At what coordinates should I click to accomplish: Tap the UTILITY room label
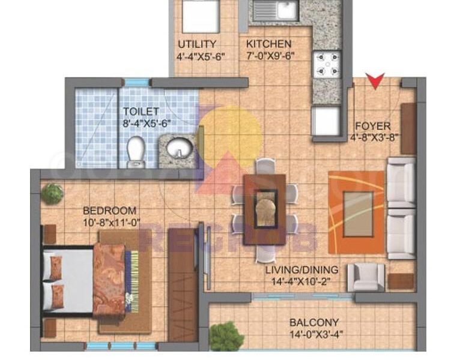click(x=197, y=44)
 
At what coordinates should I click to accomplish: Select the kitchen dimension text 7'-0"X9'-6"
click(x=270, y=56)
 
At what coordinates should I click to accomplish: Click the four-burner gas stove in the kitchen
click(x=327, y=64)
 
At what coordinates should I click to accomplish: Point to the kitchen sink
click(x=276, y=10)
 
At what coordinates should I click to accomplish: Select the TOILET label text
click(x=141, y=111)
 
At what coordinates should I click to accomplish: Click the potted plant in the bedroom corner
click(x=52, y=194)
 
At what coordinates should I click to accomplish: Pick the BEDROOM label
click(x=109, y=210)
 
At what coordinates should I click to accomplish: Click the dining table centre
click(x=265, y=209)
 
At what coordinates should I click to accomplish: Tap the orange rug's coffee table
click(x=359, y=214)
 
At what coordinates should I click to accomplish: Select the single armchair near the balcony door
click(x=366, y=277)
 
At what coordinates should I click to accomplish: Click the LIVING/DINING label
click(x=302, y=270)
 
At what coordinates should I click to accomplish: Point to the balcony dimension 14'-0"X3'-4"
click(x=316, y=334)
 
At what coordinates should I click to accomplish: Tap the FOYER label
click(x=373, y=126)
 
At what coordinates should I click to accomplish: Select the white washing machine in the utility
click(x=201, y=16)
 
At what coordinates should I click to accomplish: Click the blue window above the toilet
click(x=137, y=82)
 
